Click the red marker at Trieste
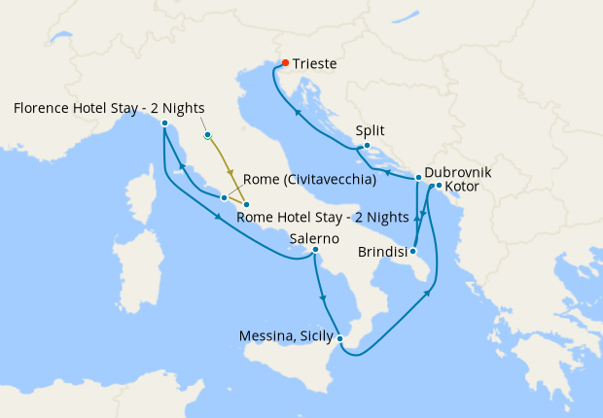[285, 63]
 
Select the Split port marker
[367, 147]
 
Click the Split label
[371, 129]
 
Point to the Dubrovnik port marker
[418, 178]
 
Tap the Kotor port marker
[439, 186]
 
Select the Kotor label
[462, 186]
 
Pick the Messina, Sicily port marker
[339, 338]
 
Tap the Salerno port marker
[315, 250]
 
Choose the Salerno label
[314, 237]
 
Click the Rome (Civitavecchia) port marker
[224, 197]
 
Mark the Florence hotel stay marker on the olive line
[207, 135]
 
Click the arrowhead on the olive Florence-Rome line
[231, 172]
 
